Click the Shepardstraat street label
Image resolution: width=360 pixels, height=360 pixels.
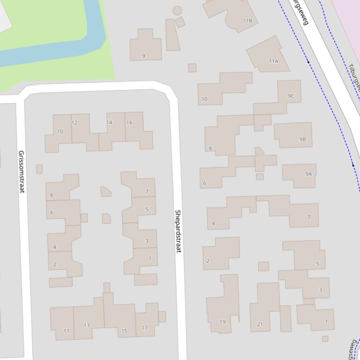178,231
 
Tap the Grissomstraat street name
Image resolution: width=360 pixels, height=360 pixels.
21,172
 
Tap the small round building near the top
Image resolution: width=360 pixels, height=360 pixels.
177,10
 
